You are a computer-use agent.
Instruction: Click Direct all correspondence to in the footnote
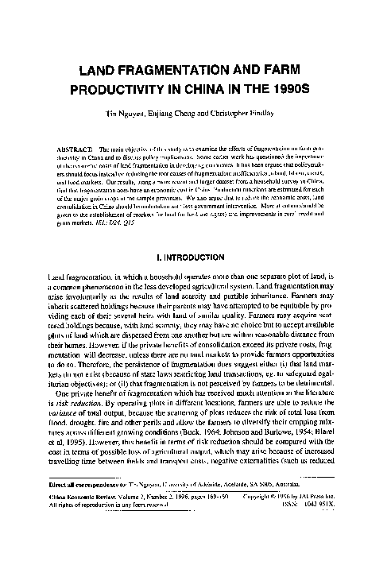coord(88,527)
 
